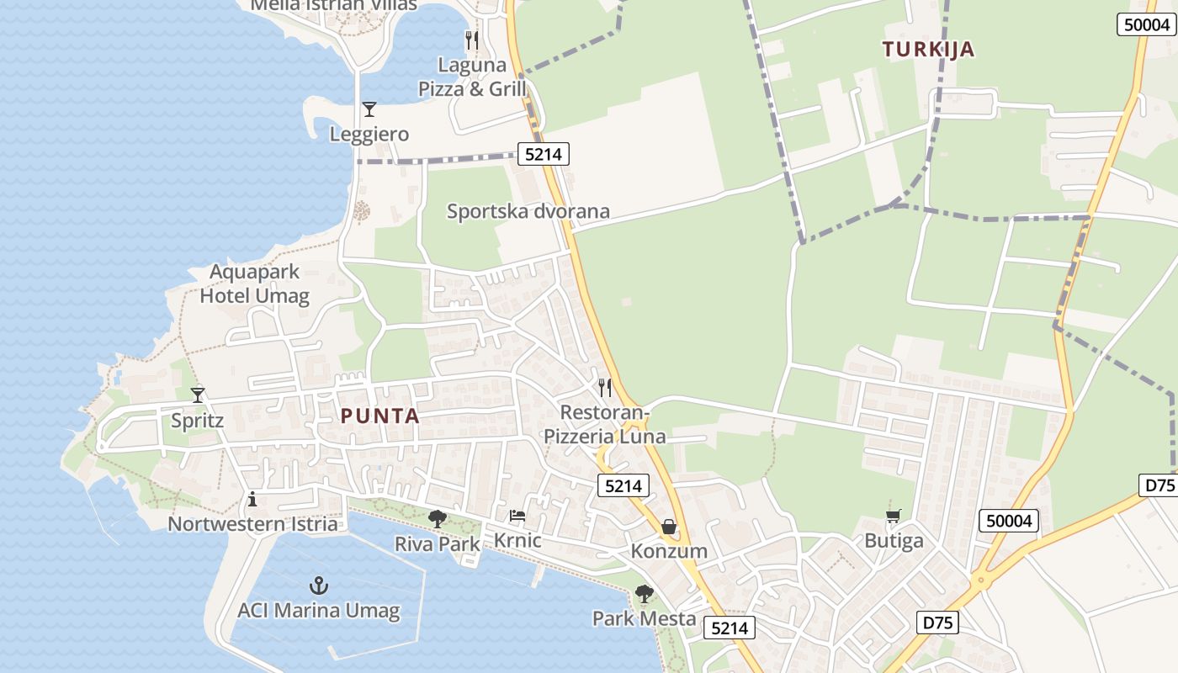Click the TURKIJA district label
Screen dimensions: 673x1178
(x=928, y=50)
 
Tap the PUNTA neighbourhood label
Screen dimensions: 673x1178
(x=380, y=416)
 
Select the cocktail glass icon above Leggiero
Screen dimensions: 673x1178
(x=369, y=109)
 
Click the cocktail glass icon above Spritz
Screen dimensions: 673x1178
(x=198, y=395)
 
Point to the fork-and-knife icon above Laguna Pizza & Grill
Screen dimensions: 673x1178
(x=472, y=40)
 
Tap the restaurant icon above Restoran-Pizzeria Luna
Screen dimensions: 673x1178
(x=605, y=388)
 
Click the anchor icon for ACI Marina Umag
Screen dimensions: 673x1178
(x=318, y=586)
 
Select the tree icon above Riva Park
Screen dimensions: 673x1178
(x=438, y=519)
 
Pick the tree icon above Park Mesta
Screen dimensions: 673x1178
(x=645, y=594)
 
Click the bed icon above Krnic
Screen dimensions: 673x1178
(x=517, y=516)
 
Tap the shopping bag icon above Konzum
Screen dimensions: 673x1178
(x=669, y=527)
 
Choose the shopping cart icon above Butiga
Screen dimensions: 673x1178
(x=894, y=516)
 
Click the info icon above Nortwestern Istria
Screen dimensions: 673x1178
(x=252, y=500)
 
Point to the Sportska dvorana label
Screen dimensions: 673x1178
(x=528, y=211)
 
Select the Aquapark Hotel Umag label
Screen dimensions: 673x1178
(x=254, y=284)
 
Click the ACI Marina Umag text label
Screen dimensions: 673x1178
(x=318, y=610)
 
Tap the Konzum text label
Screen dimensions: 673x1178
(x=669, y=552)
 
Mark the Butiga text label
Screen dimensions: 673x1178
(x=894, y=541)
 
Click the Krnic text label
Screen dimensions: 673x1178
(x=517, y=540)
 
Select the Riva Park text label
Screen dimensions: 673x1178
(x=438, y=544)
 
